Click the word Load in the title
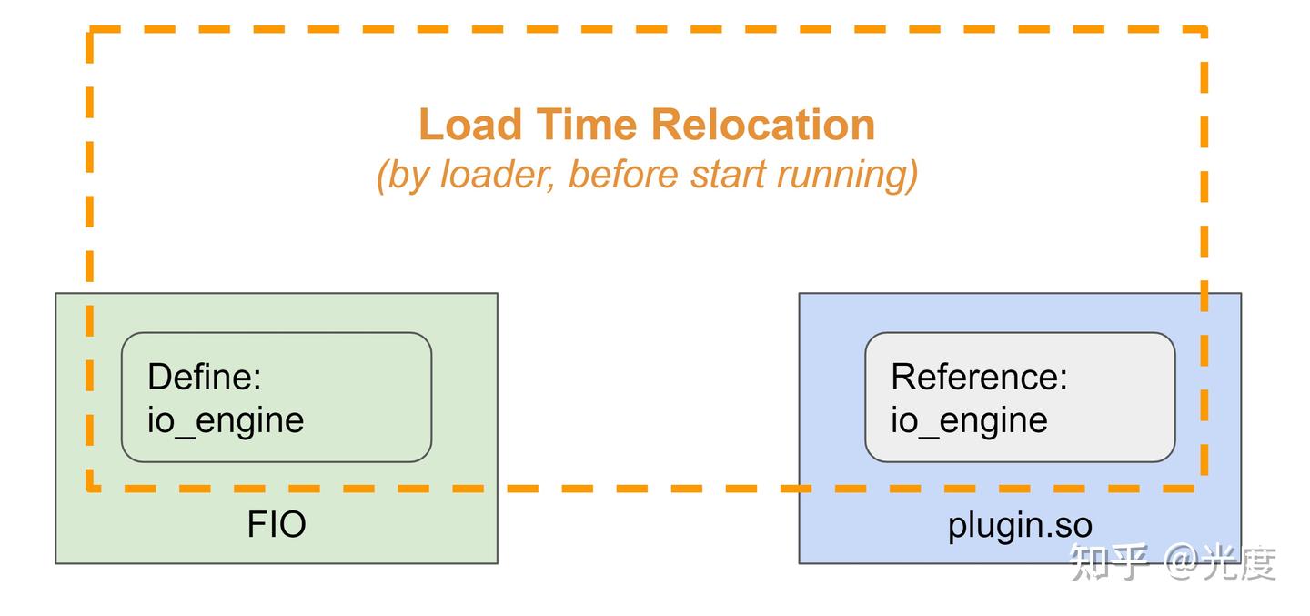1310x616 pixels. point(470,125)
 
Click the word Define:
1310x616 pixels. point(205,377)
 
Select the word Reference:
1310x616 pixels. point(979,377)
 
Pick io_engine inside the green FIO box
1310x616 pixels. point(226,420)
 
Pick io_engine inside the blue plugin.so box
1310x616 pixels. point(969,420)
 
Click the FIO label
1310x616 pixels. point(277,525)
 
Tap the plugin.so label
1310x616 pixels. point(1020,525)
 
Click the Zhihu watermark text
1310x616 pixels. point(1174,562)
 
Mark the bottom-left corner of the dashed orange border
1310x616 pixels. point(90,489)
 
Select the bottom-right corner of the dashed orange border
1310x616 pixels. point(1204,489)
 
